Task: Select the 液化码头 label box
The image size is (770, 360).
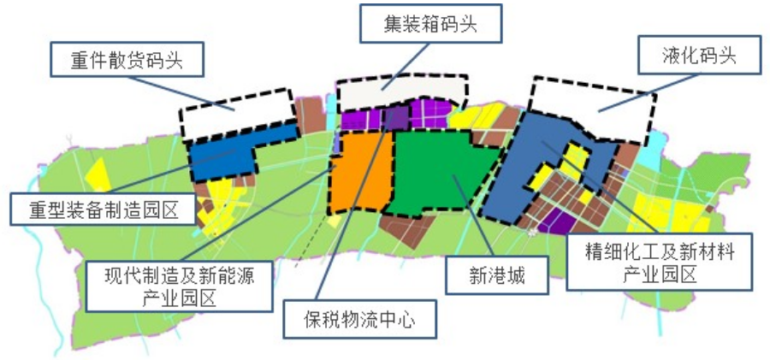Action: click(699, 57)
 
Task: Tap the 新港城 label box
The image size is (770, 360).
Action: click(495, 275)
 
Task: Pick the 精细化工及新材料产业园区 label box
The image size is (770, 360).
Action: click(660, 262)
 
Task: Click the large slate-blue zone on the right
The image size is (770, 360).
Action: click(522, 167)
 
